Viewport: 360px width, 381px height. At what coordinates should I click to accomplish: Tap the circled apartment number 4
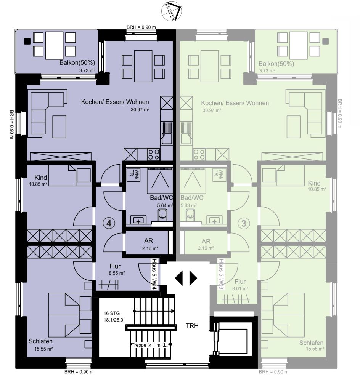(109, 224)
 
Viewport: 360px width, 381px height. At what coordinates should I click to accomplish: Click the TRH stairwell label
(192, 326)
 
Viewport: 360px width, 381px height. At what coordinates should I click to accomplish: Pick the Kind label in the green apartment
(314, 183)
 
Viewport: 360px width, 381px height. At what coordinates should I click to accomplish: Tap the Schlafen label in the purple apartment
(40, 341)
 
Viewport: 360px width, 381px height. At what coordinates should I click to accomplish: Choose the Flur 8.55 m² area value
(117, 273)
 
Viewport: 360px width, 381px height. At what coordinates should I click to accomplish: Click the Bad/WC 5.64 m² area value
(164, 205)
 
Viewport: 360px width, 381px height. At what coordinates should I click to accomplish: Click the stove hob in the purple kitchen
(154, 154)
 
